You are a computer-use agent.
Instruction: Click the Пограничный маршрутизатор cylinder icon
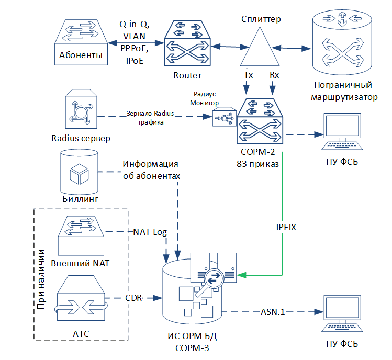click(x=343, y=44)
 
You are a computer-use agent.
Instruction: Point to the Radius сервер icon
click(x=81, y=110)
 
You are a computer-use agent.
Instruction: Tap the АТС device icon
click(x=81, y=298)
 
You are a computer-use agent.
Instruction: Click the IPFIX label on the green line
click(x=286, y=228)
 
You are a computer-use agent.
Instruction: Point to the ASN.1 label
click(x=272, y=312)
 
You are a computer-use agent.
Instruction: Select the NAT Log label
click(x=150, y=231)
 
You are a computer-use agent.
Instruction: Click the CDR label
click(x=133, y=298)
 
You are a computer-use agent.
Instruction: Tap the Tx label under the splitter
click(x=249, y=75)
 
